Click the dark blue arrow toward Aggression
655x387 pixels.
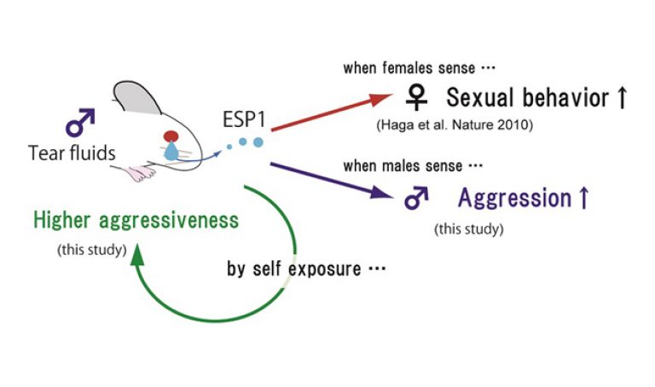coord(333,182)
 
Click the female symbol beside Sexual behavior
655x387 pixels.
coord(416,99)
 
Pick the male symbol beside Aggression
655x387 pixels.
coord(415,199)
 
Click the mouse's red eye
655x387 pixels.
coord(172,136)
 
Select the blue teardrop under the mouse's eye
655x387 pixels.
coord(173,153)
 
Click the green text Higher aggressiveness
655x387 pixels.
coord(136,221)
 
